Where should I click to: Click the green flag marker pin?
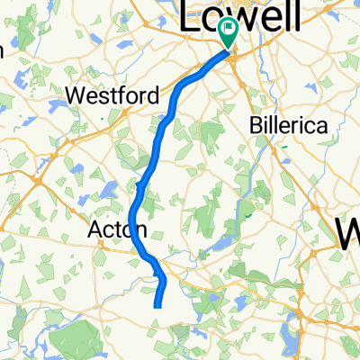click(227, 33)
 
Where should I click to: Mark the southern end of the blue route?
click(157, 307)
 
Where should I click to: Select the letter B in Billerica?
click(254, 126)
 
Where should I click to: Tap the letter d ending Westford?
click(155, 94)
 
